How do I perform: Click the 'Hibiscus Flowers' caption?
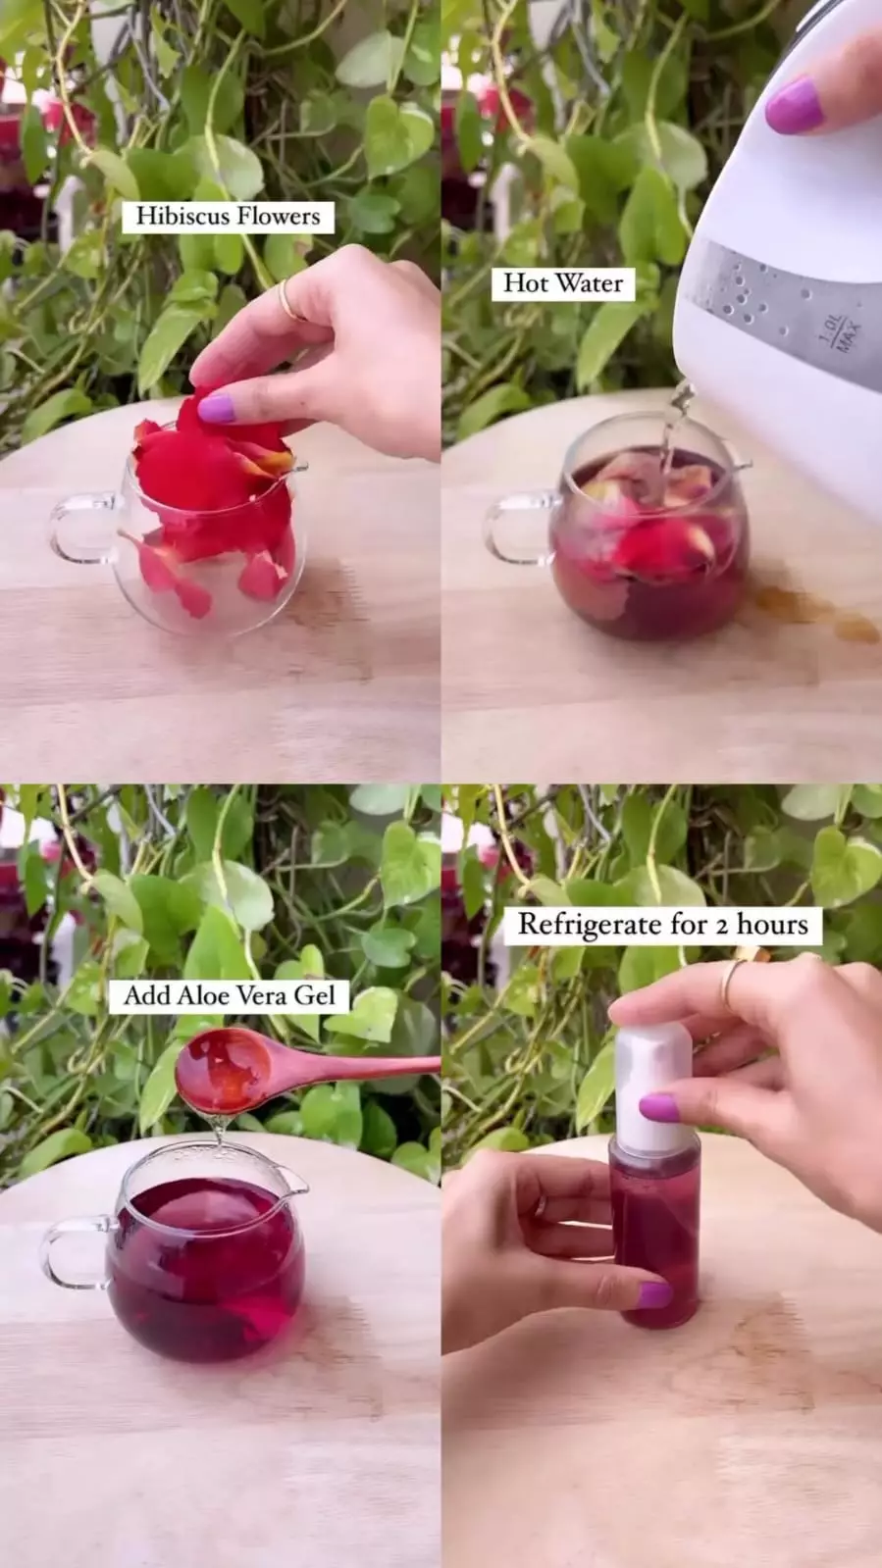click(x=228, y=216)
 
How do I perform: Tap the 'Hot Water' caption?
click(x=563, y=283)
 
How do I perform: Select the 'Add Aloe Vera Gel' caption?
click(x=229, y=995)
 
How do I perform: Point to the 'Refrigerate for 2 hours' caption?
click(x=662, y=925)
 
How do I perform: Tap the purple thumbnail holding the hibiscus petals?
click(x=216, y=409)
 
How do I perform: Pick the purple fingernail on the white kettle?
click(x=794, y=105)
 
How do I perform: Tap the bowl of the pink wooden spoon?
click(x=224, y=1069)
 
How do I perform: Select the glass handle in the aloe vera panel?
click(x=76, y=1253)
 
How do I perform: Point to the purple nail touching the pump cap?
click(x=659, y=1108)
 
